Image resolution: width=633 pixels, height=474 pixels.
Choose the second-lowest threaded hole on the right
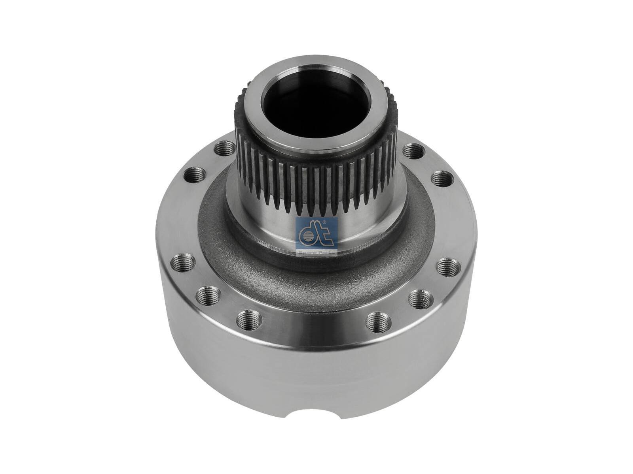420,296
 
